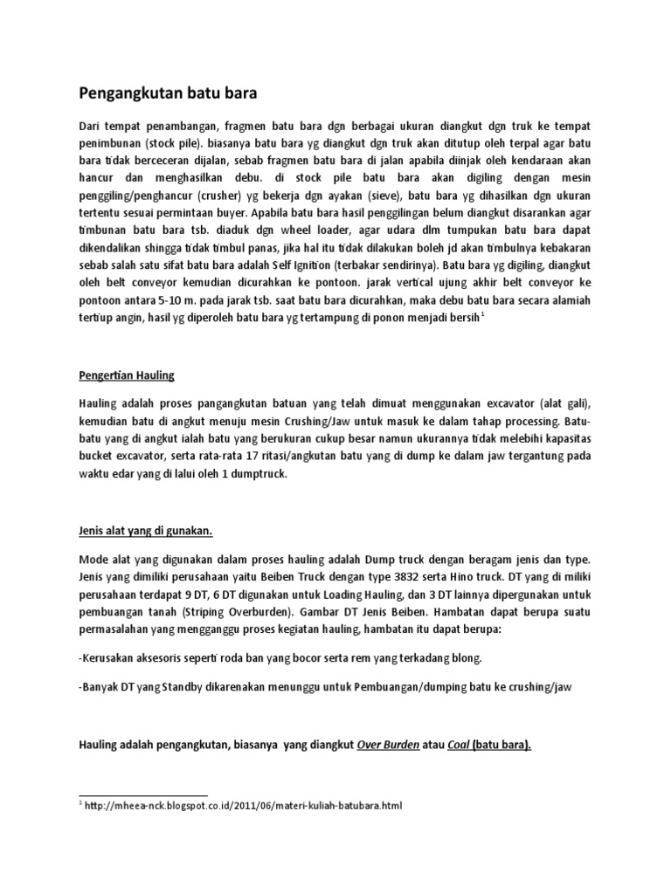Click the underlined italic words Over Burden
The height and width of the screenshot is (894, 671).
coord(388,744)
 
